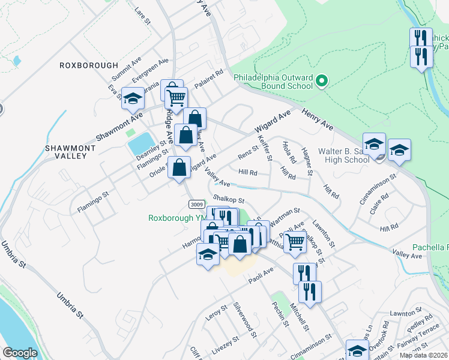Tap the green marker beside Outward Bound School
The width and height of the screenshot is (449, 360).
321,80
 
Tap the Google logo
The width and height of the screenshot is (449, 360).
20,353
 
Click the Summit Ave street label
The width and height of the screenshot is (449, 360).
127,70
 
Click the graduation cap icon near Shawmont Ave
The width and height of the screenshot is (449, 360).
133,98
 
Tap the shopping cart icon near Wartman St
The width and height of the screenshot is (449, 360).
295,241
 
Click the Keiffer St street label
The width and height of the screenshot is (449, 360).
265,148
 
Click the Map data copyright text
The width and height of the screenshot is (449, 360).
423,355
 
